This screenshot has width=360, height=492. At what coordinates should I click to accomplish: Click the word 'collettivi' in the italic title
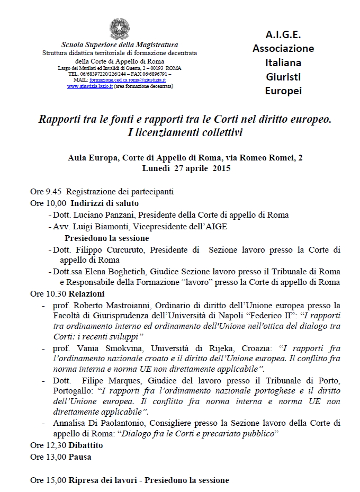coord(219,132)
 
